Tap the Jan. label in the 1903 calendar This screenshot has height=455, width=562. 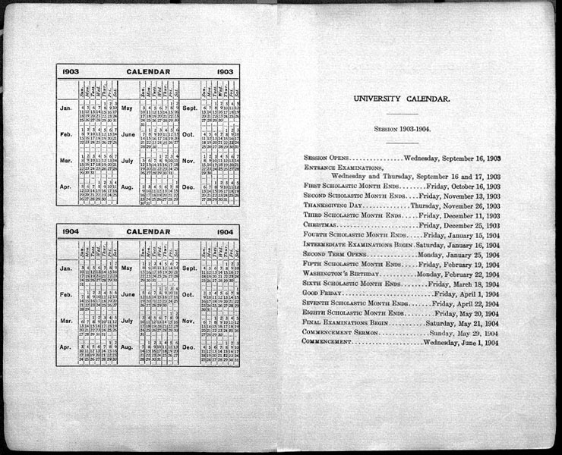(66, 108)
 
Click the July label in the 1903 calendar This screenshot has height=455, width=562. (128, 161)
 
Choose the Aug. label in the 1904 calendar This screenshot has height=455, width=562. (128, 347)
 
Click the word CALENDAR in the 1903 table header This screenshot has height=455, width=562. (148, 72)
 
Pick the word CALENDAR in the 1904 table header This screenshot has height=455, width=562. (148, 231)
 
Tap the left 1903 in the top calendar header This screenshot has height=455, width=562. (71, 72)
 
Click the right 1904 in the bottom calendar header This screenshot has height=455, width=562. (225, 231)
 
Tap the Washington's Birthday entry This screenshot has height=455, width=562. (339, 273)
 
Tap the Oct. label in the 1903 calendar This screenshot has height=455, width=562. (189, 135)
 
